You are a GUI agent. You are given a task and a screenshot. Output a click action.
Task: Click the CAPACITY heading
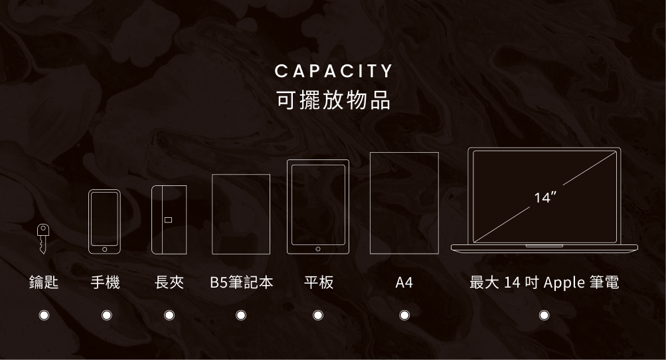(333, 70)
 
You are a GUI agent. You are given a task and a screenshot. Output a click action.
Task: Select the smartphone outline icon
(105, 222)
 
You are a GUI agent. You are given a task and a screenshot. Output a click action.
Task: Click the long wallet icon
(169, 219)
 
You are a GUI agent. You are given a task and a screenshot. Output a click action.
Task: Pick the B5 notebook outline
(241, 214)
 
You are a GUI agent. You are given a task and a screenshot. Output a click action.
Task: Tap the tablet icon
(318, 207)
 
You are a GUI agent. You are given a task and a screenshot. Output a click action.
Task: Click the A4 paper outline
(404, 203)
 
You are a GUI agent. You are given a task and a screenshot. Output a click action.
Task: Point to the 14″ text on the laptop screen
(544, 197)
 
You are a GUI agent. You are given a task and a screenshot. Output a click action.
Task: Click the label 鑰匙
(44, 283)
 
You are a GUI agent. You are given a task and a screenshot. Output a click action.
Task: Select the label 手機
(106, 283)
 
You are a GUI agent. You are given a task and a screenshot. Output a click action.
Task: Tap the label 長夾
(169, 283)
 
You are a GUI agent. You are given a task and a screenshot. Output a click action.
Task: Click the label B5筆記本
(241, 283)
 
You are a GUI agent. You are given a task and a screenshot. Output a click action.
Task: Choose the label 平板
(318, 283)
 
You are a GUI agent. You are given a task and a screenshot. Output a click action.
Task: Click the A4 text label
(404, 283)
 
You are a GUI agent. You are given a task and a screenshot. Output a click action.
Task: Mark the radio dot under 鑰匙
(44, 314)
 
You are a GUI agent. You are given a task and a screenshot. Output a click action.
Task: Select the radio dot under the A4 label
(404, 314)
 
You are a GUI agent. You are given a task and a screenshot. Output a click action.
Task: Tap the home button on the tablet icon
(318, 248)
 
